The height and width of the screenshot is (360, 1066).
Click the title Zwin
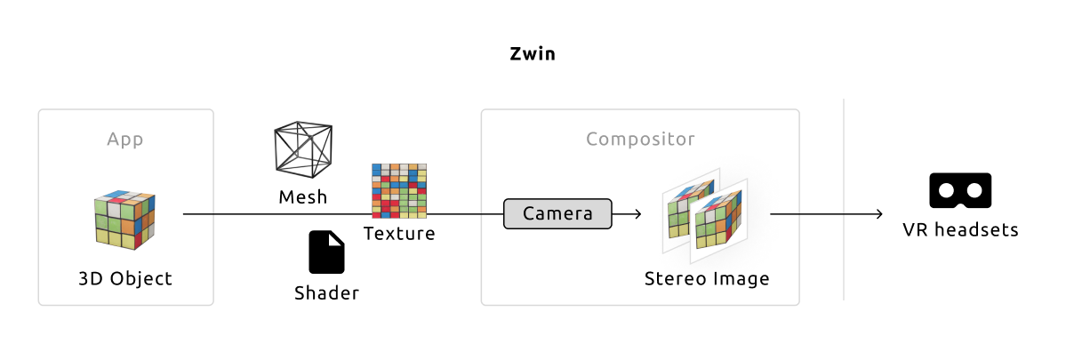tap(533, 53)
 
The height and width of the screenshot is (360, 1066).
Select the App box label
tap(125, 140)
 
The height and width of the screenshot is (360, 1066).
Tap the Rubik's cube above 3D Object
tap(125, 220)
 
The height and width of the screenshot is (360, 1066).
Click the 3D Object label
tap(125, 279)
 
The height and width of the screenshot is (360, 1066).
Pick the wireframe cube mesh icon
tap(303, 148)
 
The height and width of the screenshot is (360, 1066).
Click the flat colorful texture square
tap(398, 190)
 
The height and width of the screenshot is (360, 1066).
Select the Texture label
tap(399, 234)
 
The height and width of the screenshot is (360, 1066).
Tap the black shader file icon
tap(326, 252)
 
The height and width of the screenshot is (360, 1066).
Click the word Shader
tap(326, 293)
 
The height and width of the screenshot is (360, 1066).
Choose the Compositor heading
tap(640, 140)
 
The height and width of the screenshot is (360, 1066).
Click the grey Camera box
tap(558, 213)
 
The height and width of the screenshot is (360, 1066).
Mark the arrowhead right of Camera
tap(637, 214)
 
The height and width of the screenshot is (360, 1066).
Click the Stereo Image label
tap(707, 279)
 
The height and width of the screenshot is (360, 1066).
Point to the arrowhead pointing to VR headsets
tap(878, 214)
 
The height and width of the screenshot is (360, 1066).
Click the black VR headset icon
tap(960, 189)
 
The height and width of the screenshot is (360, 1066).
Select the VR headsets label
tap(960, 230)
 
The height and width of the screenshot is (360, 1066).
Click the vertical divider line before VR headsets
tap(843, 200)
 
